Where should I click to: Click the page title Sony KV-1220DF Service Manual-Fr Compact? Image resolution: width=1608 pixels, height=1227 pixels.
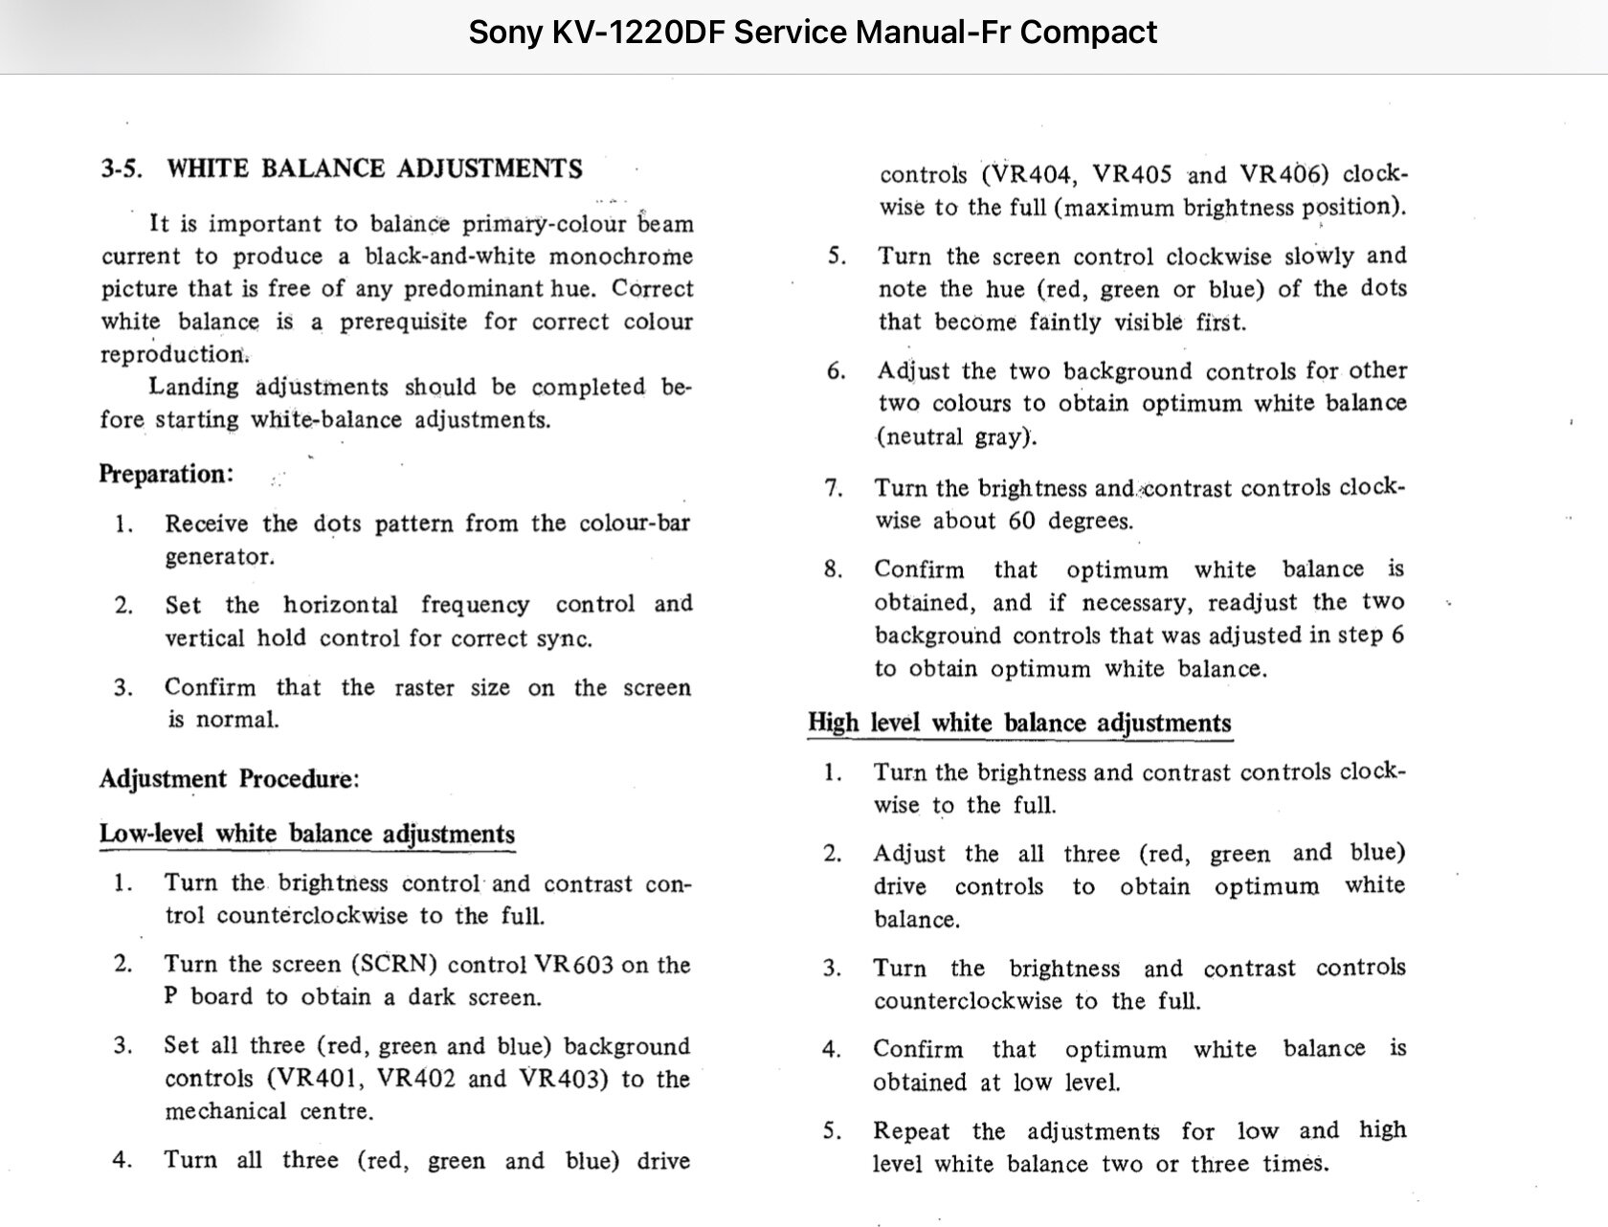point(813,33)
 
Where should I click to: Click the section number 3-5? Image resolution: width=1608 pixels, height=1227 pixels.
point(122,169)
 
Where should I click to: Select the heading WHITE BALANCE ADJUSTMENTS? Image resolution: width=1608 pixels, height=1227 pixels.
point(374,169)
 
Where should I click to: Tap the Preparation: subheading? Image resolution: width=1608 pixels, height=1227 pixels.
point(166,475)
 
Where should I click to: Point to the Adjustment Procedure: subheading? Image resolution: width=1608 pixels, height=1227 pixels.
point(230,779)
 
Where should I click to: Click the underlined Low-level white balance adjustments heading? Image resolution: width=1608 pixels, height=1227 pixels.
point(307,835)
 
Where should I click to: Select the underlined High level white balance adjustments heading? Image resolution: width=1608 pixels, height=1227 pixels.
point(1019,723)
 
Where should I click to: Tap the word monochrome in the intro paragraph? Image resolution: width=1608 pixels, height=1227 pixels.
point(621,257)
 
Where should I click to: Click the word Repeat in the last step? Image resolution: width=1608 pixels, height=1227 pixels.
point(911,1131)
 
